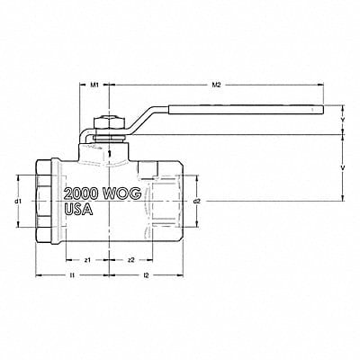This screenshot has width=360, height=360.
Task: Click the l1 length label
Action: click(71, 297)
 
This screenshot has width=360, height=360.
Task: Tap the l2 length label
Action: click(146, 297)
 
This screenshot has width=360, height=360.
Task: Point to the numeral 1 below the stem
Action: click(108, 153)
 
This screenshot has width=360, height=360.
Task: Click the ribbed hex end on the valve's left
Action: click(46, 200)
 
